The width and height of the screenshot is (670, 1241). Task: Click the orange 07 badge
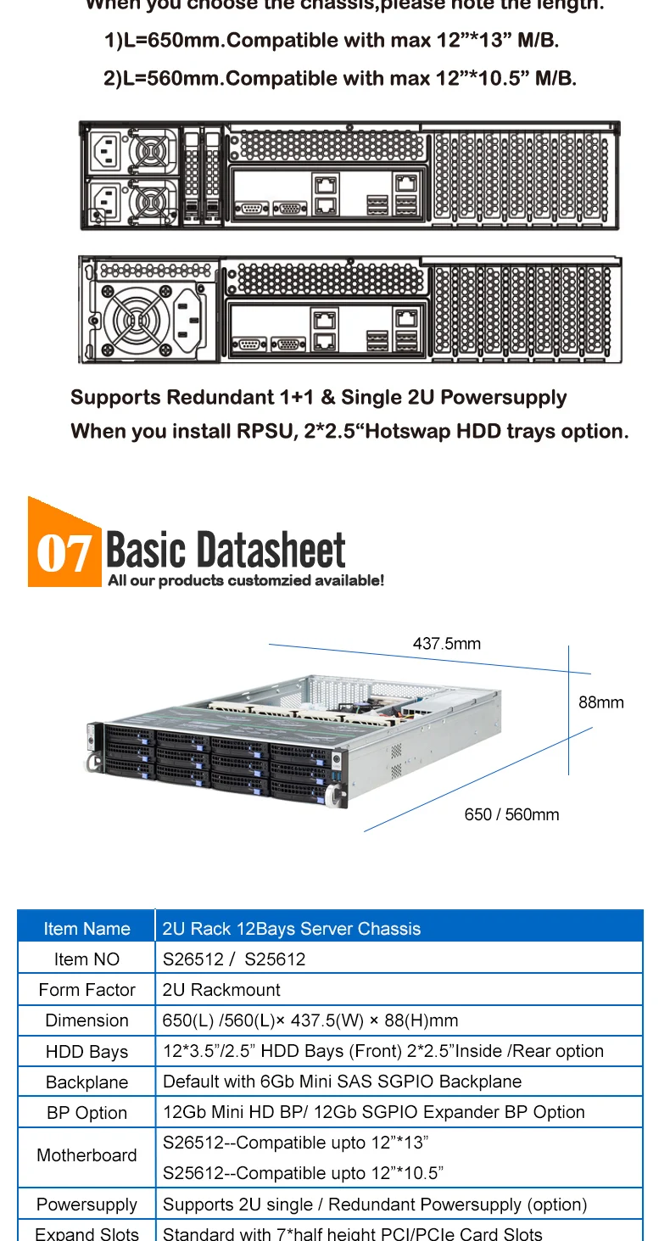point(64,550)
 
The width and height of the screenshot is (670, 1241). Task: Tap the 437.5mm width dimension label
point(446,644)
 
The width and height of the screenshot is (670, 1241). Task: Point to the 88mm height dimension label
point(600,702)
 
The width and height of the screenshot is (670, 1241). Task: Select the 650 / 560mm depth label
point(511,814)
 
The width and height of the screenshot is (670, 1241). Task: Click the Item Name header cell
point(87,928)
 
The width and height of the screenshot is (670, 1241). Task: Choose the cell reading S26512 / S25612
point(234,959)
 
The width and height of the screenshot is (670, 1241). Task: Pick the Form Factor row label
point(87,990)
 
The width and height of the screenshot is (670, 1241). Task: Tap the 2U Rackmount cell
point(221,990)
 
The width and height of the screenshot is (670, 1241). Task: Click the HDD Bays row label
point(87,1052)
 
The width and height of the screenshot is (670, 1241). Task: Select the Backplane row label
point(87,1082)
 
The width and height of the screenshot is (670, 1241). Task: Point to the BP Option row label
point(87,1113)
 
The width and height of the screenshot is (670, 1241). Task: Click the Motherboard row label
point(87,1155)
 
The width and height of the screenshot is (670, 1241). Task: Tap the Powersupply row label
point(87,1205)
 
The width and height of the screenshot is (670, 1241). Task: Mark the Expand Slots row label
point(87,1233)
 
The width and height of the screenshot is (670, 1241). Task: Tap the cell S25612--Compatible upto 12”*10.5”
point(303,1173)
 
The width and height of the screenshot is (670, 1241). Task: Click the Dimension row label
point(87,1020)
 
